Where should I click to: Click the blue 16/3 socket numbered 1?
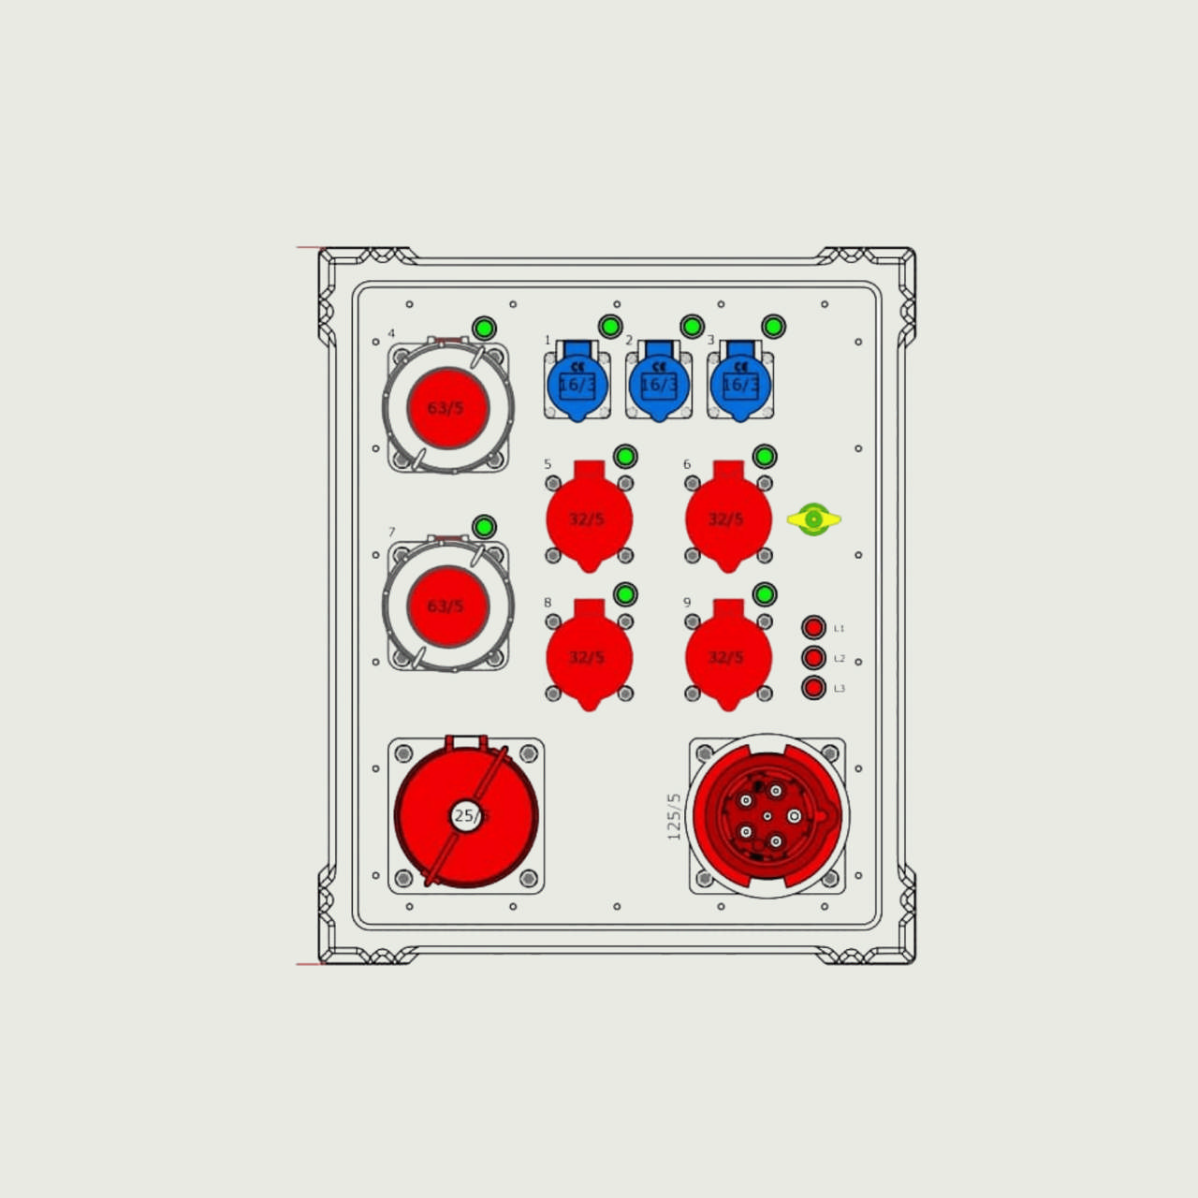[x=577, y=383]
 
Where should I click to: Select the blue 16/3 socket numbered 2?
[x=659, y=383]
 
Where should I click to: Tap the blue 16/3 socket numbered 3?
[x=740, y=383]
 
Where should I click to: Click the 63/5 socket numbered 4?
[x=447, y=408]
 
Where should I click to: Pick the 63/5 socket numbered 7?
[x=447, y=606]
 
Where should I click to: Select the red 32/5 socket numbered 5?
[x=589, y=519]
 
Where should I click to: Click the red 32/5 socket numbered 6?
[x=728, y=519]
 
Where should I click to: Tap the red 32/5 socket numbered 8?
[x=589, y=657]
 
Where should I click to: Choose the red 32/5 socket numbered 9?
[x=728, y=657]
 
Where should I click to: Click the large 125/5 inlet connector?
[x=767, y=815]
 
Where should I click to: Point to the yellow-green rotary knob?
[x=813, y=519]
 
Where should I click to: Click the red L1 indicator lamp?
[x=813, y=627]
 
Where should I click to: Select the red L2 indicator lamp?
[x=813, y=658]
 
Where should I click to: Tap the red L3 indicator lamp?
[x=813, y=688]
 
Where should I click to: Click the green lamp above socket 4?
[x=484, y=329]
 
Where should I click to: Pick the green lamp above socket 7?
[x=484, y=527]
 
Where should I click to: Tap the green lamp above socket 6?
[x=765, y=457]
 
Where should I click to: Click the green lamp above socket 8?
[x=625, y=594]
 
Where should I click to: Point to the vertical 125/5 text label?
[x=674, y=816]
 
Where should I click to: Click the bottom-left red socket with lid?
[x=466, y=814]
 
